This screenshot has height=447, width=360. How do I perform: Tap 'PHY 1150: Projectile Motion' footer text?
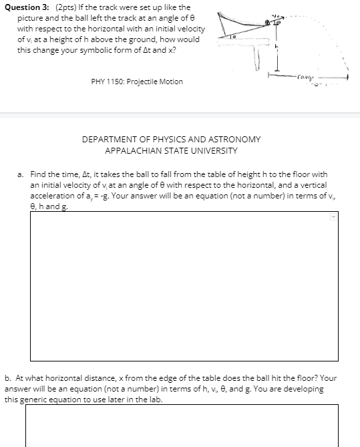[x=136, y=82]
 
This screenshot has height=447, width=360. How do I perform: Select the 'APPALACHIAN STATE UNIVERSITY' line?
[x=171, y=151]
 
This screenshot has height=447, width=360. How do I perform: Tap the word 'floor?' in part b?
[x=303, y=378]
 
